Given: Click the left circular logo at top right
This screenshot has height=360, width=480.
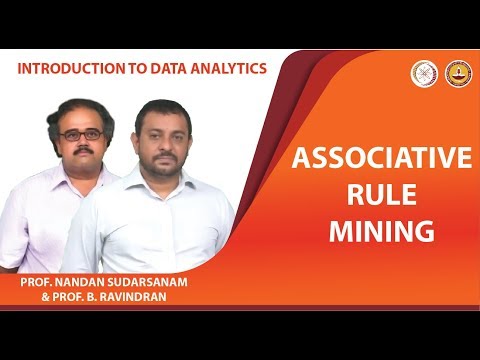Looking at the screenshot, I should tap(424, 72).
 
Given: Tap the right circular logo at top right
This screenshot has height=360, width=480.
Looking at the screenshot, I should tap(457, 72).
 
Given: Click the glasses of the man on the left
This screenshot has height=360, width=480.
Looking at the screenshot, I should tap(80, 134).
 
